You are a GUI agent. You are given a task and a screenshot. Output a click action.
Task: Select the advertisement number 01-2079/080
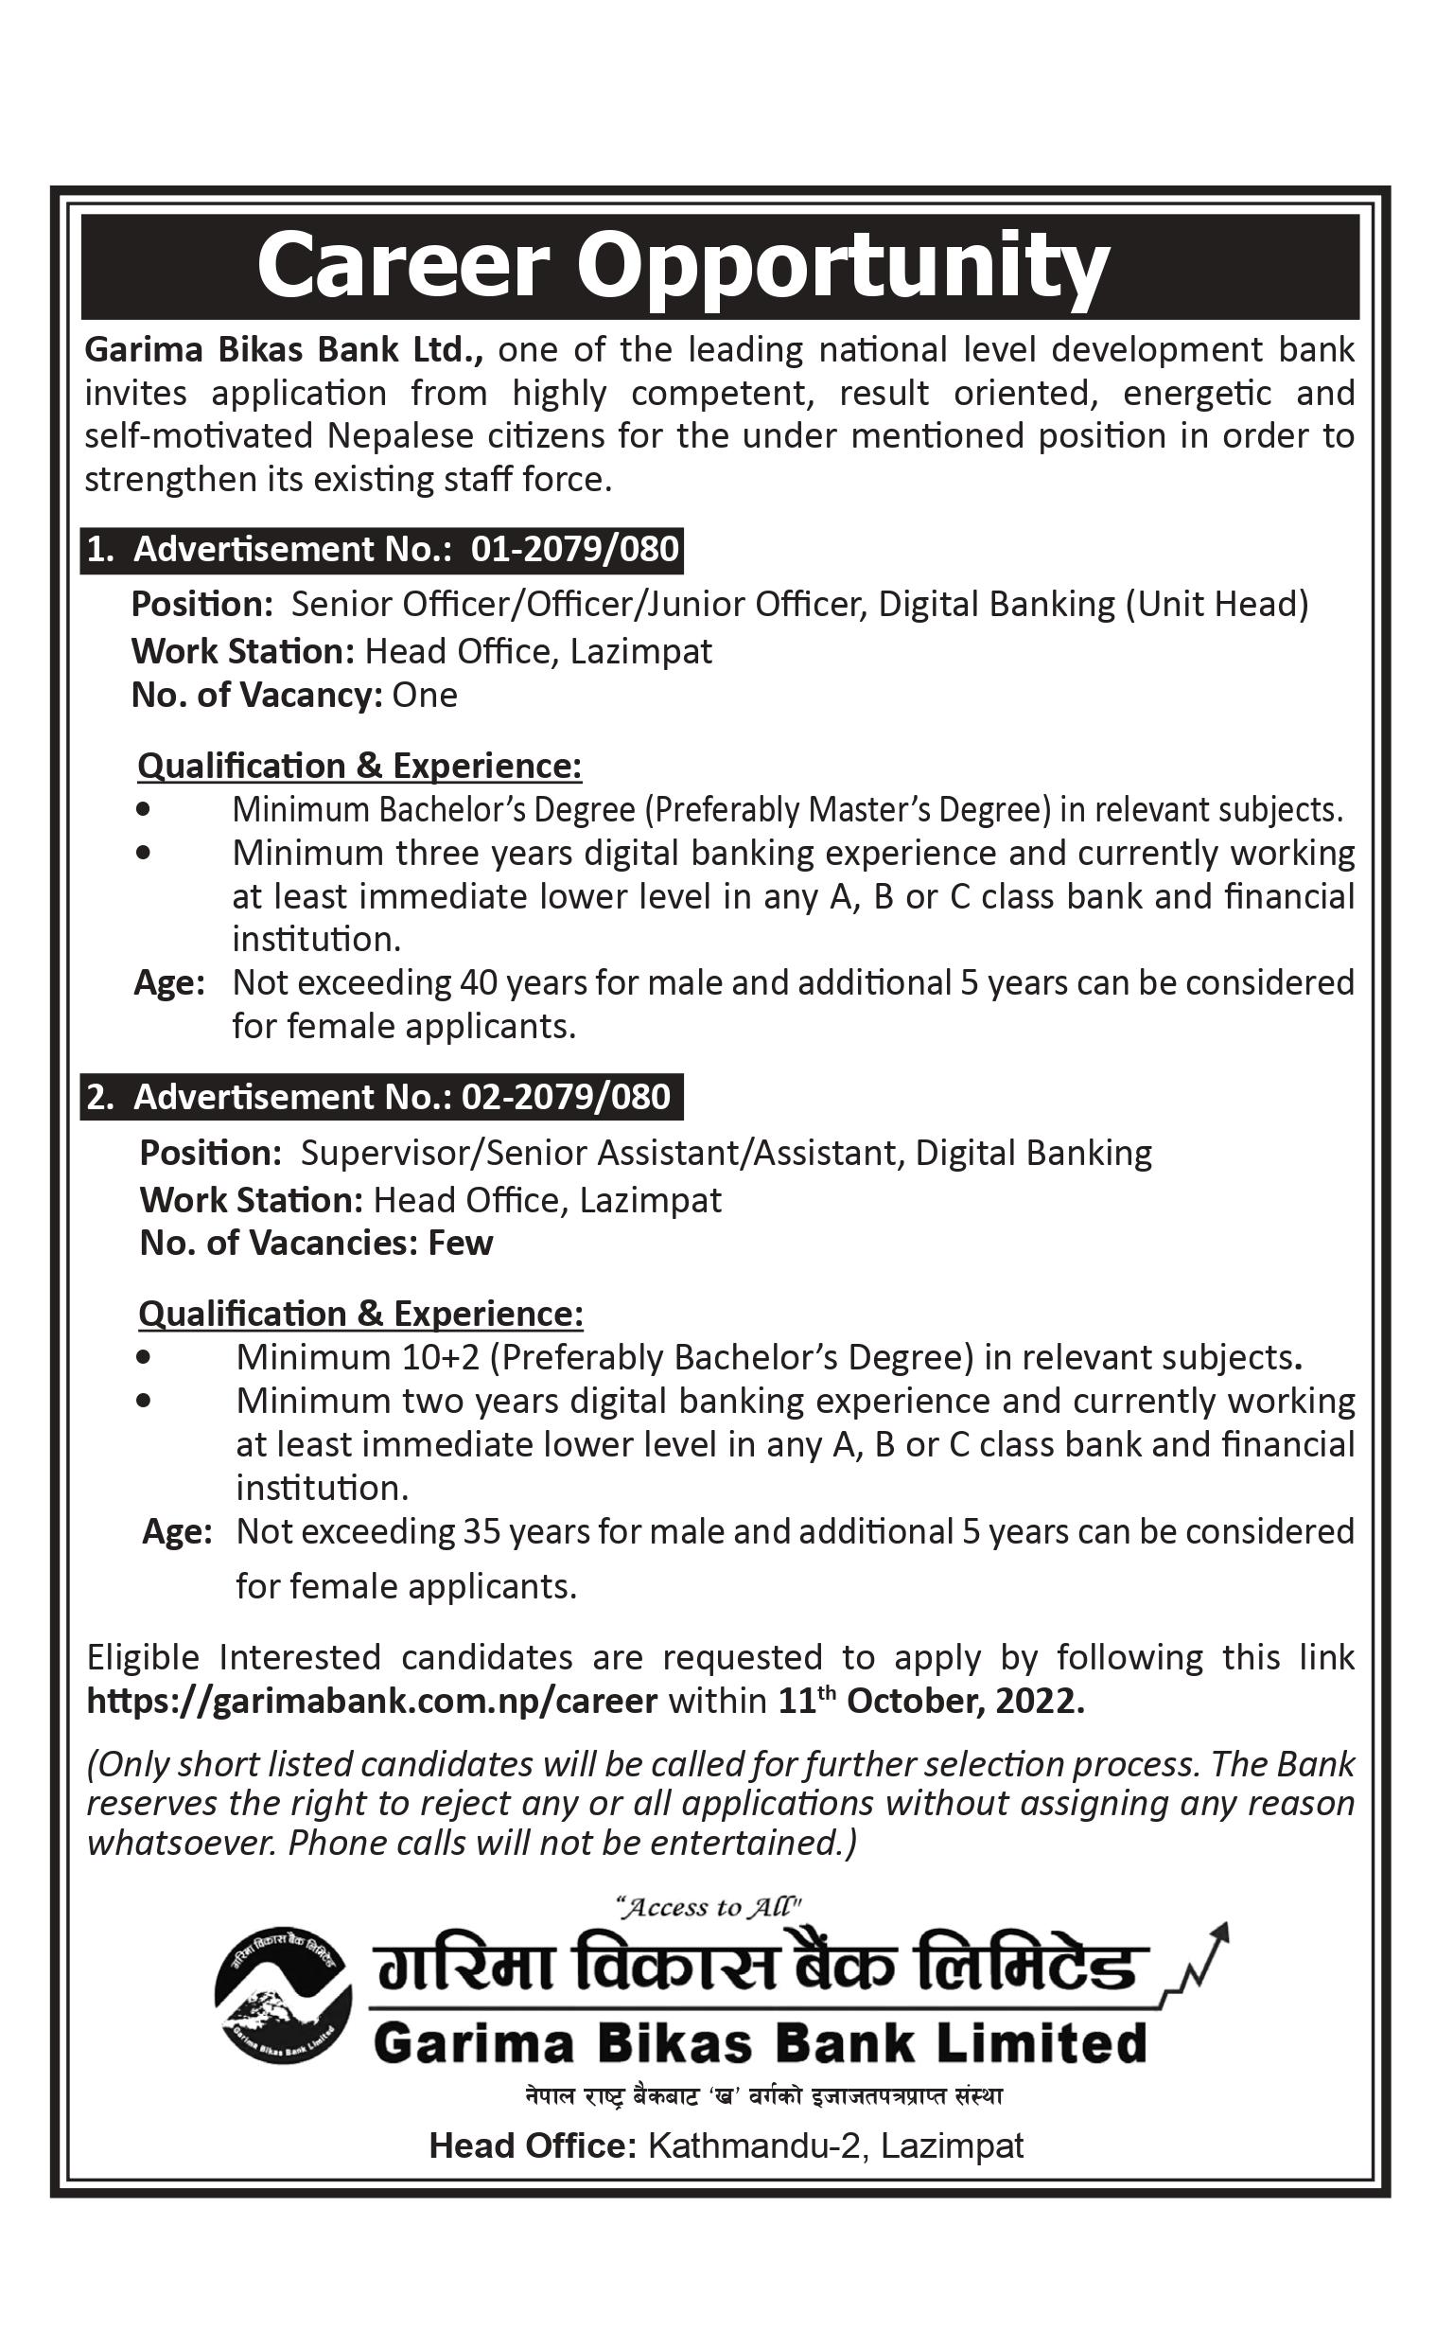(574, 550)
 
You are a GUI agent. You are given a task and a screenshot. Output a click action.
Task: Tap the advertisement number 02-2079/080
(566, 1098)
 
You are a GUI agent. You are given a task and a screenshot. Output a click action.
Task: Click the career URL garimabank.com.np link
(372, 1702)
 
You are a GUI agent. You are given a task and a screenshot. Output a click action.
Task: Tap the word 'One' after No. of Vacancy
(425, 695)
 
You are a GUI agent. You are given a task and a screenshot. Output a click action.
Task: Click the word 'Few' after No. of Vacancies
(461, 1244)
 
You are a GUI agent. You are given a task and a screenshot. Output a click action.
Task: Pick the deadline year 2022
(1039, 1702)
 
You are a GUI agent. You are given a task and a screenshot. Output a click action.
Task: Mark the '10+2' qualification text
(437, 1357)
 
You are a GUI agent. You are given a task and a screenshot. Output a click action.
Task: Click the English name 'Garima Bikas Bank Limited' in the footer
(760, 2044)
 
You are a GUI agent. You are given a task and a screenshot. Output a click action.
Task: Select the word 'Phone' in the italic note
(337, 1844)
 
